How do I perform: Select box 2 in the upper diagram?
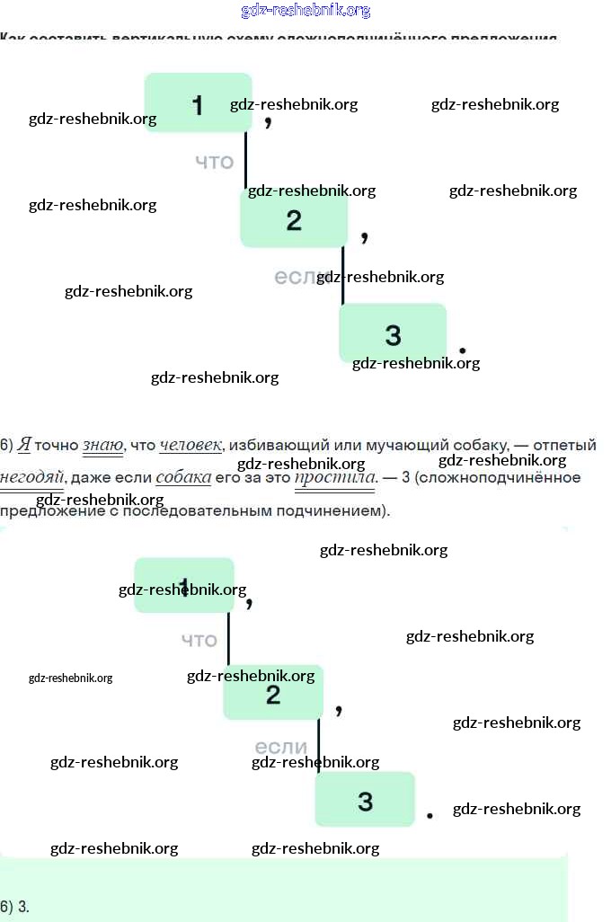pos(294,220)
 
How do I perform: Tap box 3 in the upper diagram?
pos(393,333)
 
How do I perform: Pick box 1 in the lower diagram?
pos(184,585)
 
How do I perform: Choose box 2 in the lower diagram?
pos(273,693)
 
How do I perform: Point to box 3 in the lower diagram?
pos(365,800)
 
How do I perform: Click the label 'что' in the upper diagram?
pos(215,162)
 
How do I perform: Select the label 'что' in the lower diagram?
pos(199,640)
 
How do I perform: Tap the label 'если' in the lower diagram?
pos(281,747)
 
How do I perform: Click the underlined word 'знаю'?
pos(102,445)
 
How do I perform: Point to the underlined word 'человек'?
pos(190,445)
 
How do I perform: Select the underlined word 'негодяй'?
pos(31,477)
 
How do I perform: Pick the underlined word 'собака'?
pos(183,477)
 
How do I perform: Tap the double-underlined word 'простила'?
pos(334,477)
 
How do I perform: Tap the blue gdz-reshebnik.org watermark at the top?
pos(305,11)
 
